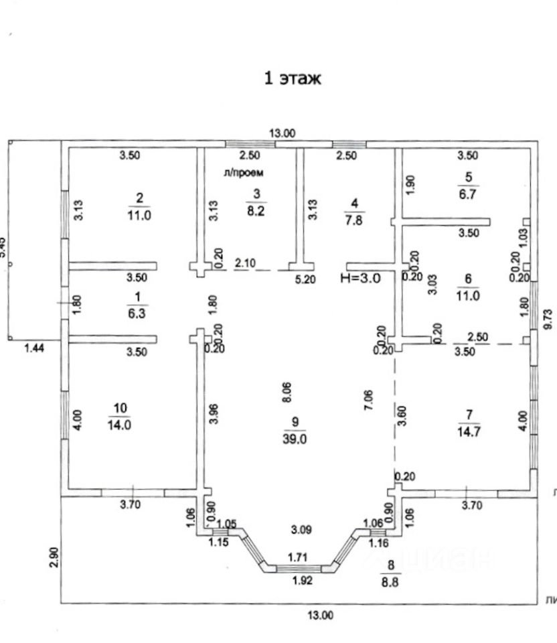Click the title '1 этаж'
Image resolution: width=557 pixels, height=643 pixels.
pyautogui.click(x=293, y=78)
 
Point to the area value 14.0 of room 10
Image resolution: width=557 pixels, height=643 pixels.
pyautogui.click(x=121, y=424)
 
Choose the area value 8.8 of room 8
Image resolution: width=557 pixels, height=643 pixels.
pyautogui.click(x=390, y=583)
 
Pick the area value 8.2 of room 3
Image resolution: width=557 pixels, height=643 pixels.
pyautogui.click(x=256, y=209)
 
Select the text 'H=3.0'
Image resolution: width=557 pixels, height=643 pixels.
pyautogui.click(x=361, y=279)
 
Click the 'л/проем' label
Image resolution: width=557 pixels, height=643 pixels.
pyautogui.click(x=244, y=172)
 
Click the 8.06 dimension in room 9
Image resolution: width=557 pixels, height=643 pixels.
pyautogui.click(x=287, y=391)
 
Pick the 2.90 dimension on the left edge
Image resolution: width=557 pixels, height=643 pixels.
pyautogui.click(x=55, y=557)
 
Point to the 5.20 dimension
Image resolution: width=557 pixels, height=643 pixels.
pyautogui.click(x=305, y=280)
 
